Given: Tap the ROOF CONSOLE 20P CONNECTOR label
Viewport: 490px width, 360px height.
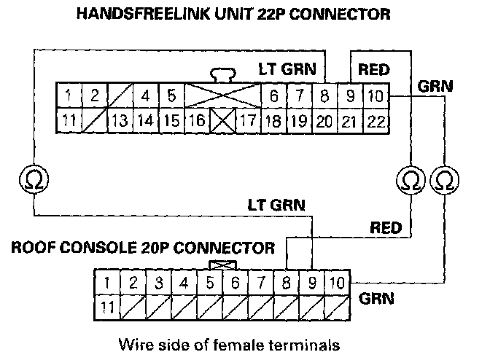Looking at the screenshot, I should click(143, 248).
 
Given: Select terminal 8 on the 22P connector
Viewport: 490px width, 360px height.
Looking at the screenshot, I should click(324, 95).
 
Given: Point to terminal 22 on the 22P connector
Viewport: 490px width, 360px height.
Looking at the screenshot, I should click(376, 120).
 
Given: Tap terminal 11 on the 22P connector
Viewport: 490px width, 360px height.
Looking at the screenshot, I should click(69, 120).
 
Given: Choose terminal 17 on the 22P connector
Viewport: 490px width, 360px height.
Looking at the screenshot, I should click(248, 120).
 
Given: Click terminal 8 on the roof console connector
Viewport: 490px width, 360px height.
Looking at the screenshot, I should click(287, 282).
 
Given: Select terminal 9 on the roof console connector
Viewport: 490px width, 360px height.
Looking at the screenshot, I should click(312, 282).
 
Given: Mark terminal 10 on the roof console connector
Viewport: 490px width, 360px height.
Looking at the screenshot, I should click(337, 282).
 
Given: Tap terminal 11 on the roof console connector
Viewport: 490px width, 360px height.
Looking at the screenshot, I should click(107, 306).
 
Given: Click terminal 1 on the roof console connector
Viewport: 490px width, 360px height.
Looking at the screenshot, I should click(107, 282).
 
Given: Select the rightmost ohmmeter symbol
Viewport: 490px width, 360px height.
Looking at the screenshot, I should click(443, 176).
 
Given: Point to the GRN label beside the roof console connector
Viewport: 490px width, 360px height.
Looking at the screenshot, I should click(377, 298).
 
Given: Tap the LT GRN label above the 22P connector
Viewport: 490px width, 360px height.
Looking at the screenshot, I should click(287, 70).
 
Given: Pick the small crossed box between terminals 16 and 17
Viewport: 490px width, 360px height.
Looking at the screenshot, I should click(221, 120).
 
